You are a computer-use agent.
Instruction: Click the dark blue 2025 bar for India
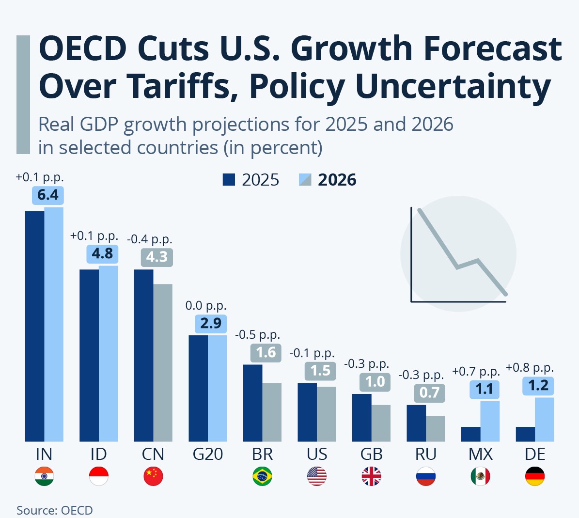point(34,326)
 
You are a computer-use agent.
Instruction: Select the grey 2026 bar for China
point(163,362)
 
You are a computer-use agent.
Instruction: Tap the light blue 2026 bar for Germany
point(545,419)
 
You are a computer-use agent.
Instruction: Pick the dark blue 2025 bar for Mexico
point(470,434)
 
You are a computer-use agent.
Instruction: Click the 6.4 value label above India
point(47,195)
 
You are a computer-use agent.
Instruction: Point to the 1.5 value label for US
point(320,371)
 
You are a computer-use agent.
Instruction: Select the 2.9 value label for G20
point(211,323)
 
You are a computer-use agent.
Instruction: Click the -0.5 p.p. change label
point(258,335)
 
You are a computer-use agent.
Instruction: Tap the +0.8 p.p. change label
point(530,368)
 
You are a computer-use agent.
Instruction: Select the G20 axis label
point(208,454)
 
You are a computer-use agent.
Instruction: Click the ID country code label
point(98,454)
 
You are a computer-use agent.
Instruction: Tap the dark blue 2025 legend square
point(229,180)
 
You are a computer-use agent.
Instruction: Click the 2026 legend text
point(337,180)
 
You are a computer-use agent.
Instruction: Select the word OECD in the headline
point(82,48)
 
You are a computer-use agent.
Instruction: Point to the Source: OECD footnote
point(54,510)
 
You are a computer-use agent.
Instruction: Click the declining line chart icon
point(458,253)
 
